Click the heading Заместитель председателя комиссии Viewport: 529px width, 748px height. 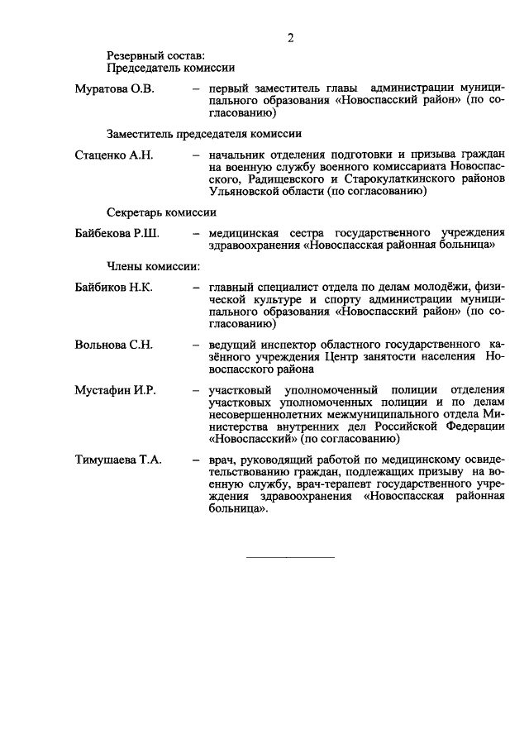coord(203,132)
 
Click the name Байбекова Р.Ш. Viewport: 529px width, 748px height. coord(117,233)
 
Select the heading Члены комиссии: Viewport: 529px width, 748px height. coord(152,266)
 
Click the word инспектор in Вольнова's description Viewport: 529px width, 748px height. coord(289,345)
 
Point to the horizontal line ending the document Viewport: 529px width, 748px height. coord(291,557)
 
